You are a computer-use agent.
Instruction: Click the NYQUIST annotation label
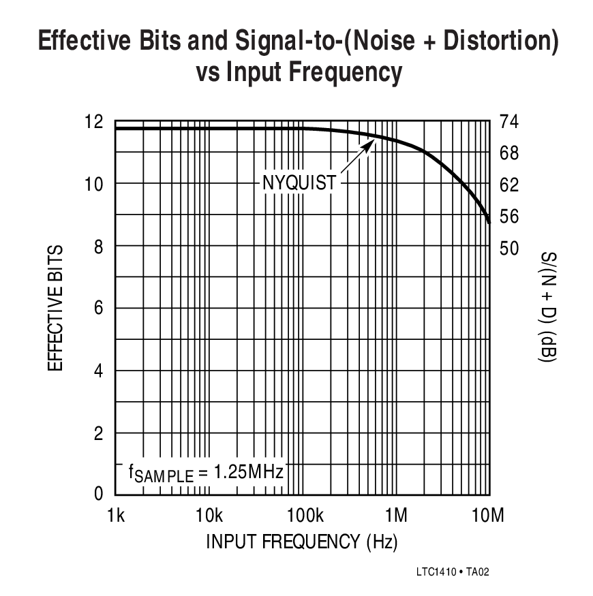click(300, 183)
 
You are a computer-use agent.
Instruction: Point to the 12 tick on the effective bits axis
click(94, 122)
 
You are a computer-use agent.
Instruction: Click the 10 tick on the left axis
click(94, 184)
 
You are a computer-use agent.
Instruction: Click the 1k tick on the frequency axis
click(116, 515)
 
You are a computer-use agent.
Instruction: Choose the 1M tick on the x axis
click(396, 515)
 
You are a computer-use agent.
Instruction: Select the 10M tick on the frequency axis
click(488, 515)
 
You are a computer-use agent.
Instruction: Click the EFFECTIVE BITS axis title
click(56, 308)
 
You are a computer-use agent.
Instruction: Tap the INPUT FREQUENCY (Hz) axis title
click(301, 542)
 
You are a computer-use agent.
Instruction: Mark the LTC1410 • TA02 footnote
click(452, 572)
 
